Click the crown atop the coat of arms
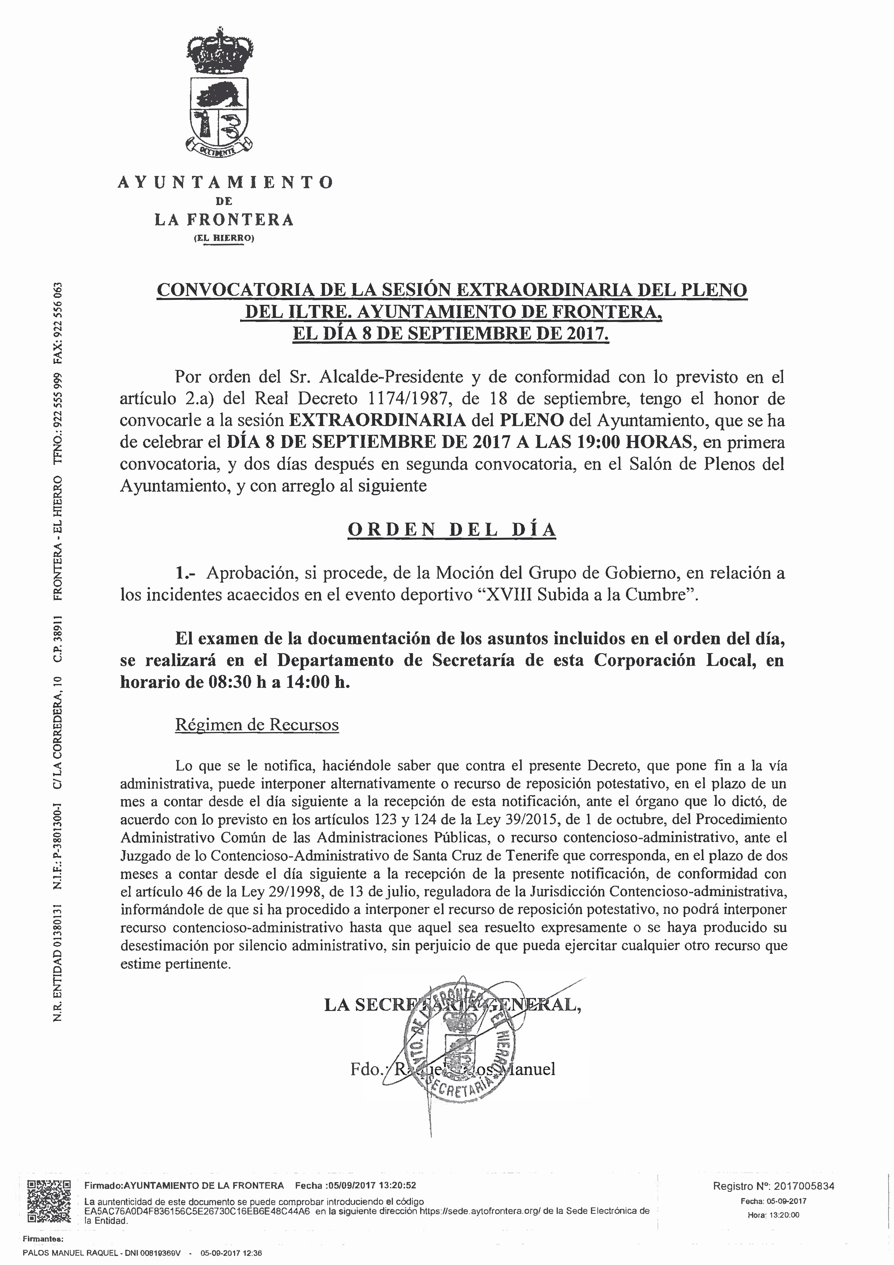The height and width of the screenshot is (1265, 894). tap(219, 52)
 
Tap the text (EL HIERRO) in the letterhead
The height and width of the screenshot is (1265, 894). tap(223, 239)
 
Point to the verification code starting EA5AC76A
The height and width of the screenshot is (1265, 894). tap(197, 1211)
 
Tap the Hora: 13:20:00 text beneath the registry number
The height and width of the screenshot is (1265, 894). tap(773, 1215)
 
